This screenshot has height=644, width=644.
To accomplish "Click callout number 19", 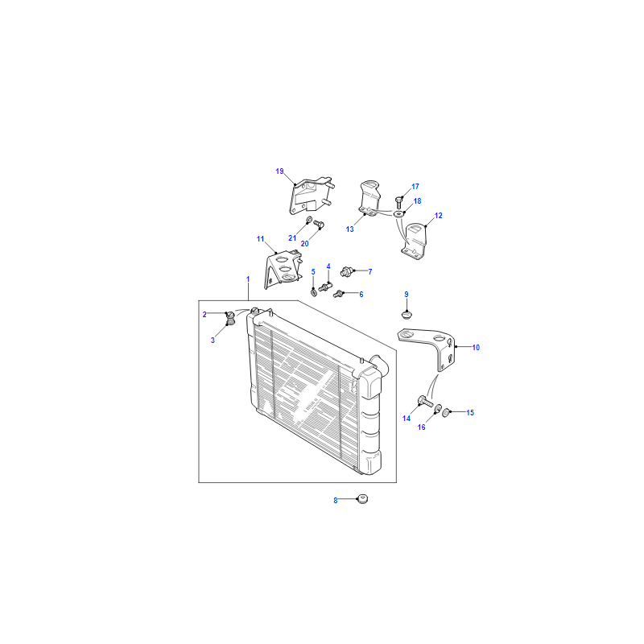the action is click(279, 171).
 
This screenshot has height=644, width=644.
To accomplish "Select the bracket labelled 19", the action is click(310, 196).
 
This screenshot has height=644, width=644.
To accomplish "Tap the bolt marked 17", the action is click(398, 202).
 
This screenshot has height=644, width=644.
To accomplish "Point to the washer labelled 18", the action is click(398, 214).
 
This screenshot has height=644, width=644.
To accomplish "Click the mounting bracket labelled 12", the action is click(414, 242).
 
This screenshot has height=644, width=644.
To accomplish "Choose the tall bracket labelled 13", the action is click(369, 198).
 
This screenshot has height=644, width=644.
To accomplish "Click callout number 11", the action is click(260, 239).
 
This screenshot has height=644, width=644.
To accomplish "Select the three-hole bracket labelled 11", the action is click(283, 268).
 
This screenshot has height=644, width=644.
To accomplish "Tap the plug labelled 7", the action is click(347, 271).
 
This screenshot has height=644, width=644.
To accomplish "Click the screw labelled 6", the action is click(338, 294).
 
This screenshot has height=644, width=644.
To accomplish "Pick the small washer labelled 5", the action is click(314, 292).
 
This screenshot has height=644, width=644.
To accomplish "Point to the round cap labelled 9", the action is click(407, 315).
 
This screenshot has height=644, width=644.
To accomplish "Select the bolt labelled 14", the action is click(425, 401).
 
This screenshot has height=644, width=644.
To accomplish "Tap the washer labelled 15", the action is click(446, 411).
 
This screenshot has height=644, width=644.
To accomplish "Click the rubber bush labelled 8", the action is click(362, 499).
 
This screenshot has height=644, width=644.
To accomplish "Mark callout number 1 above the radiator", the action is click(248, 279).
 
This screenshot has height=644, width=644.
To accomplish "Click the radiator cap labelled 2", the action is click(231, 315).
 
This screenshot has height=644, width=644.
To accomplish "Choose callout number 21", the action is click(292, 238).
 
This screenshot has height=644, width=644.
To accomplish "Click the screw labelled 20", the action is click(319, 225).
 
